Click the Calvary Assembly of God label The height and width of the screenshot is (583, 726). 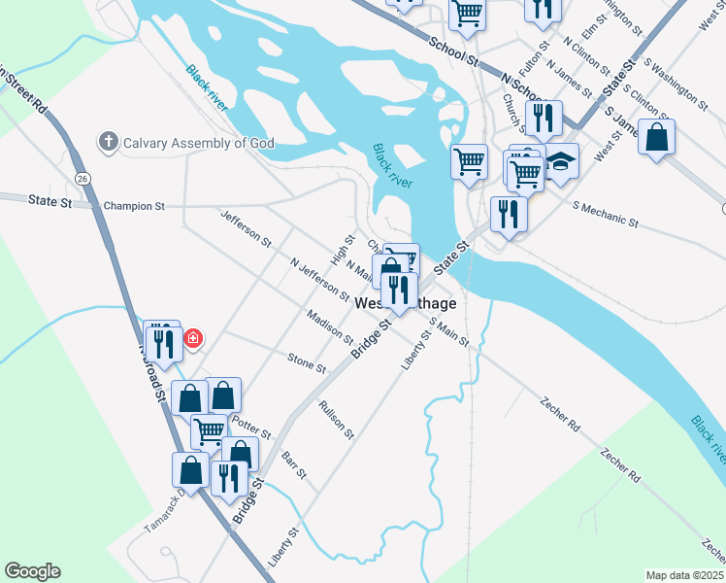coord(198,143)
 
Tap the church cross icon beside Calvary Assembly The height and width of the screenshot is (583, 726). coord(108,143)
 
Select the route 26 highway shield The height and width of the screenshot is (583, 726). coord(83,178)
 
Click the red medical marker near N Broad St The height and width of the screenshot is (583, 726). coord(193,338)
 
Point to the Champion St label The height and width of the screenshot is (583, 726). coord(135,206)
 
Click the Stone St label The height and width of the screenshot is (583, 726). coord(307,362)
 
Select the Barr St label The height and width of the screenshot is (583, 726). coord(294,465)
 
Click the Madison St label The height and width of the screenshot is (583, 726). coord(329,327)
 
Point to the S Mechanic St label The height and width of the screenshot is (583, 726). coord(606,215)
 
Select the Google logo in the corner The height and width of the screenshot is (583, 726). coord(32,571)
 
